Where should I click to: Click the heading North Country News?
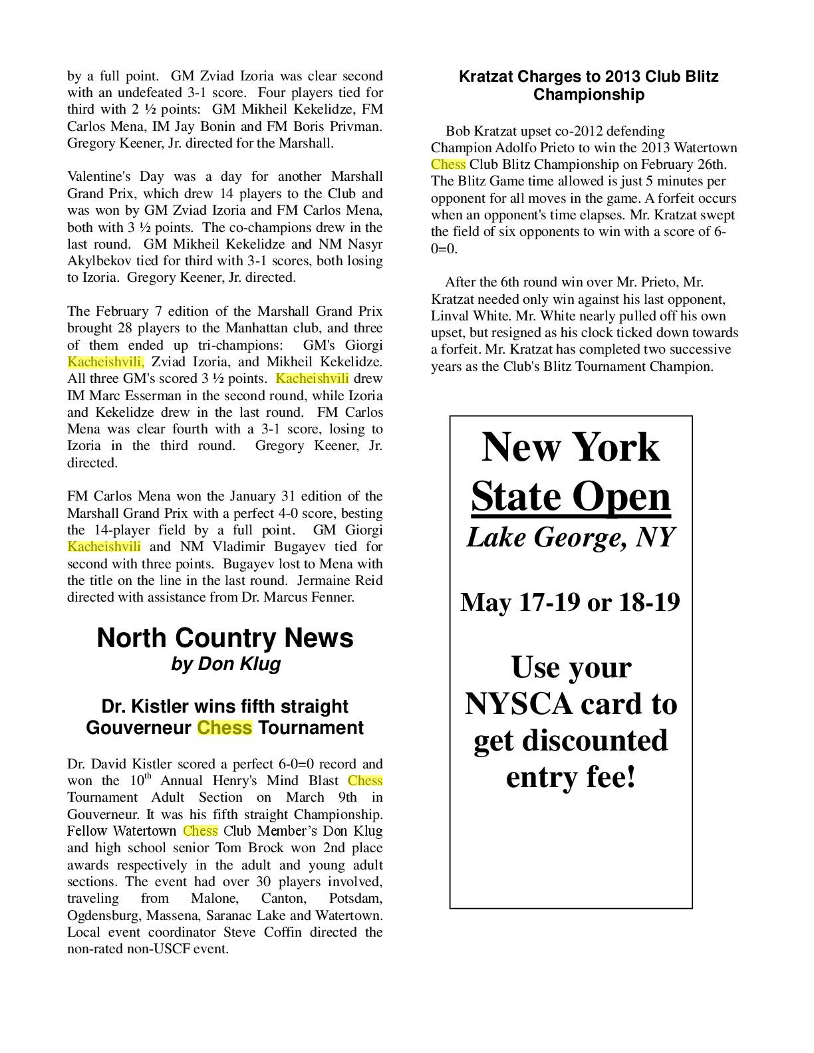point(225,638)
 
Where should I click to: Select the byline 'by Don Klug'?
point(225,664)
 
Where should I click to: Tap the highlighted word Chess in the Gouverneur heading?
point(224,728)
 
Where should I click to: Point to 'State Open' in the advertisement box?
point(571,497)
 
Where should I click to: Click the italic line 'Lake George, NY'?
point(571,537)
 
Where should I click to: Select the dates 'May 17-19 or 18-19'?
point(570,602)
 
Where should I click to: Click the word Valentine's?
point(98,177)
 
